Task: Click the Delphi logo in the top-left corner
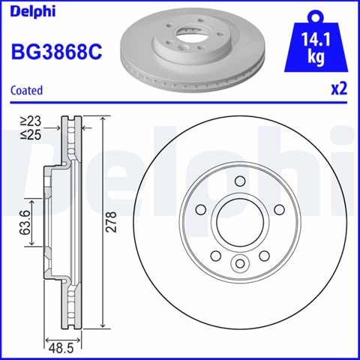click(x=33, y=11)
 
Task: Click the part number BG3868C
click(x=57, y=52)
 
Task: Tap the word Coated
click(x=27, y=90)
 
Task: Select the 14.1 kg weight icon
click(x=316, y=43)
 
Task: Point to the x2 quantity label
click(x=339, y=89)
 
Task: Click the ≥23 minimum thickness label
click(x=31, y=121)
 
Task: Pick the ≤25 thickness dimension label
click(x=31, y=135)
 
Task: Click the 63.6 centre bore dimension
click(x=25, y=223)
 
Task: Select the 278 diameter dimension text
click(x=111, y=222)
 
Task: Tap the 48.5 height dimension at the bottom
click(x=61, y=348)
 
